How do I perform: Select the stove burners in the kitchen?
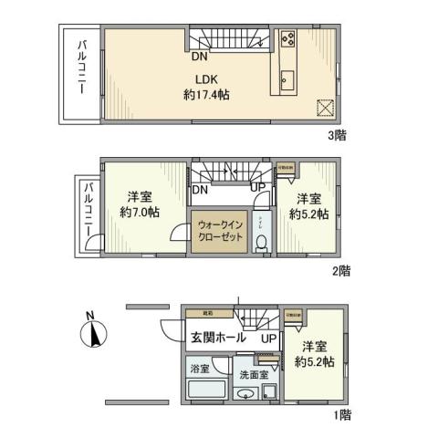[x=287, y=39]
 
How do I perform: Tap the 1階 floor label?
[x=341, y=415]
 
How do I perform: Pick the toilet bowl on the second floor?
[x=262, y=243]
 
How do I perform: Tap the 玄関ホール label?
[x=217, y=338]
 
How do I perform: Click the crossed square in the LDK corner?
[x=324, y=107]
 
